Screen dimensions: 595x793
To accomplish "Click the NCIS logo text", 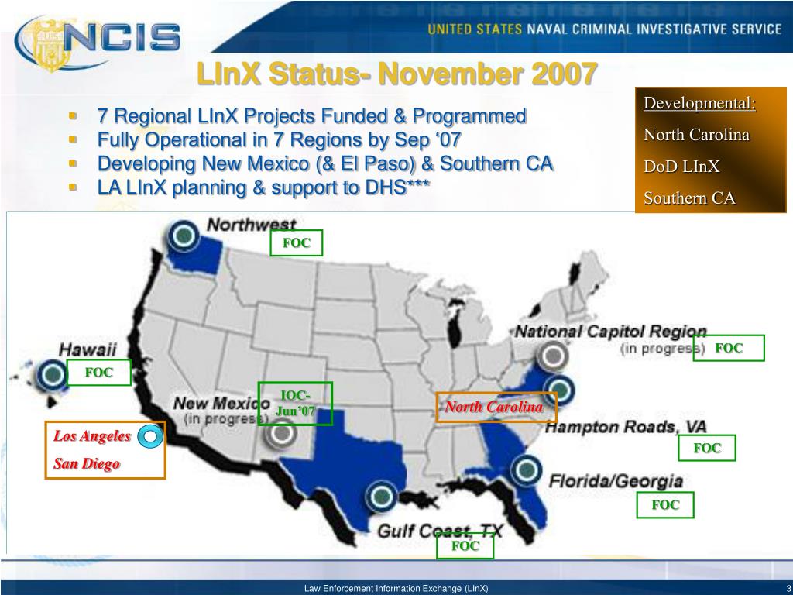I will point(132,36).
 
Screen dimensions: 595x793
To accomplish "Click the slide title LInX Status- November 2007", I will point(396,74).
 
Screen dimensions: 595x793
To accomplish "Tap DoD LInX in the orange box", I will point(681,167).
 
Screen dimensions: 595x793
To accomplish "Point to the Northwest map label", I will point(251,225).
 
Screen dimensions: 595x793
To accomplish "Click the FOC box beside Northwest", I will point(296,243).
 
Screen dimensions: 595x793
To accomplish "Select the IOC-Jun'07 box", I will point(295,404).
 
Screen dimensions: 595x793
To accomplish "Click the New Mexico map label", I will point(221,404).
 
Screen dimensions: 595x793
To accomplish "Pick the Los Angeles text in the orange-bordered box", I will point(91,436).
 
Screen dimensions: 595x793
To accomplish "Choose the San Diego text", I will point(87,464).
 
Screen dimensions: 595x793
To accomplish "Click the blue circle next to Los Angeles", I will point(151,438).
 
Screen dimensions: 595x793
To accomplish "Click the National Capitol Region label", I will point(610,332).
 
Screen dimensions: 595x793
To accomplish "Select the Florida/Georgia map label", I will point(616,481).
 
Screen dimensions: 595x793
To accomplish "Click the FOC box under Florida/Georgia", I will point(665,505).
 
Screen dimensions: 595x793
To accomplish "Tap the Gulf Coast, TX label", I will point(440,531).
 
